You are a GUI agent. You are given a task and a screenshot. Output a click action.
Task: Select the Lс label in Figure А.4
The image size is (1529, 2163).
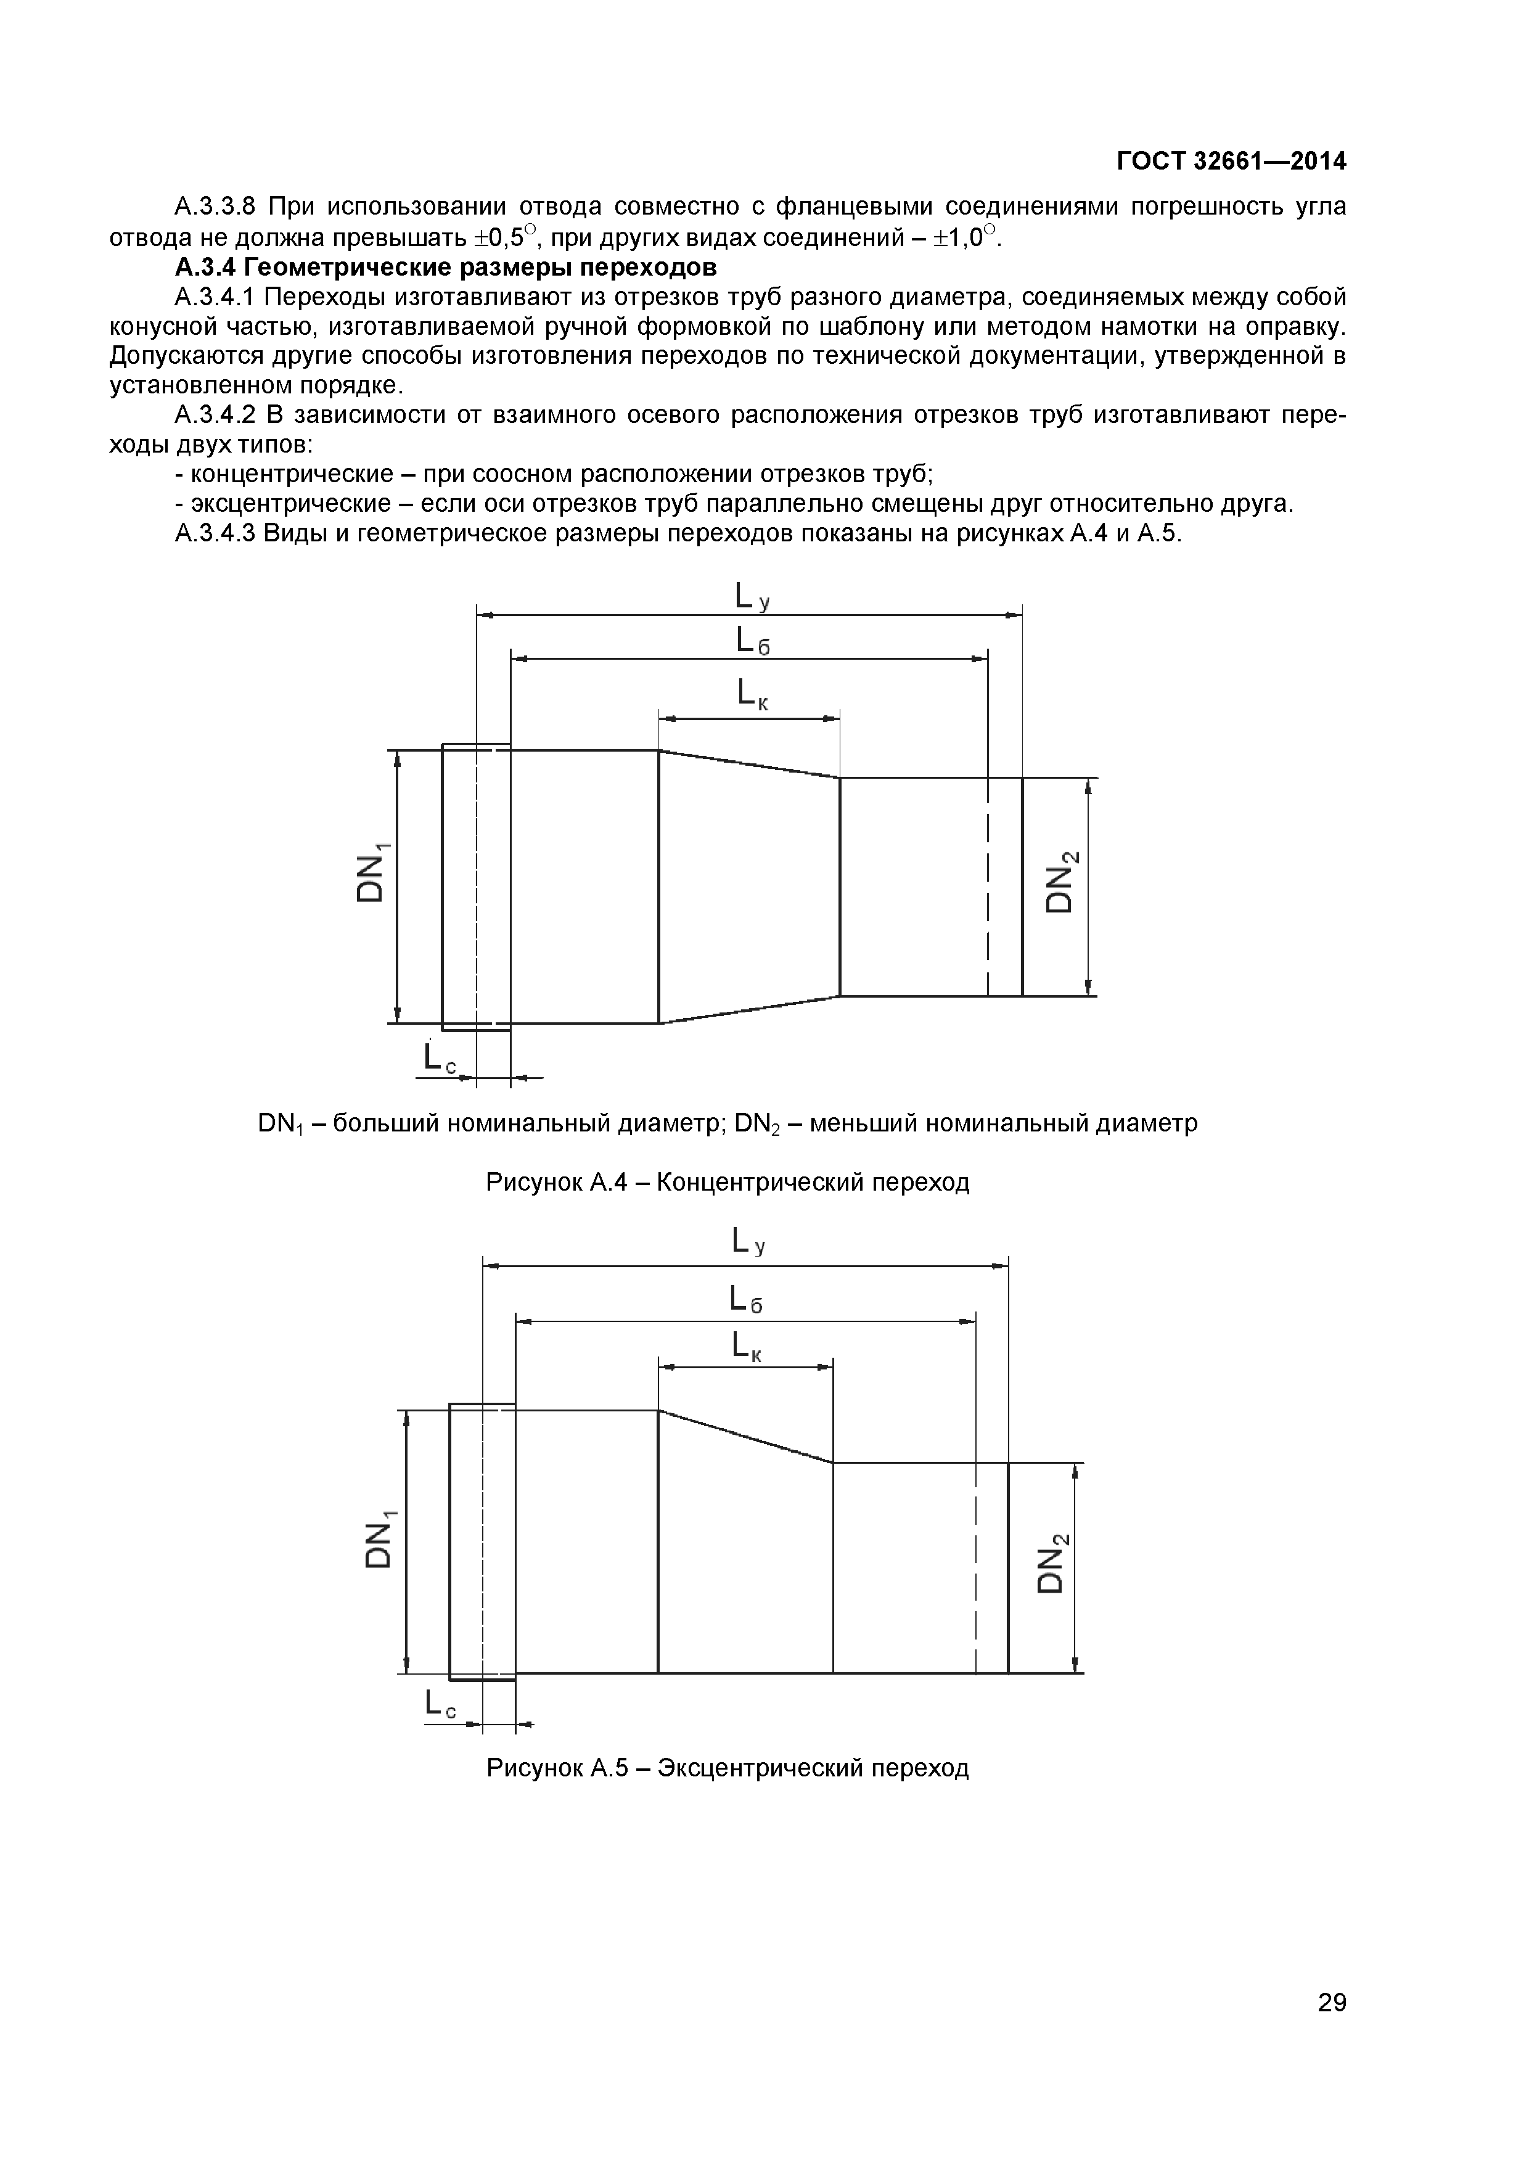click(439, 1059)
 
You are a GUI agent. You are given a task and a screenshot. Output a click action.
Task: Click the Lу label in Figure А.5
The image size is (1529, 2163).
click(749, 1244)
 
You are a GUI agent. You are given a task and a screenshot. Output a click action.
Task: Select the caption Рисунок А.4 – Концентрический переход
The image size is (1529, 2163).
click(728, 1181)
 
